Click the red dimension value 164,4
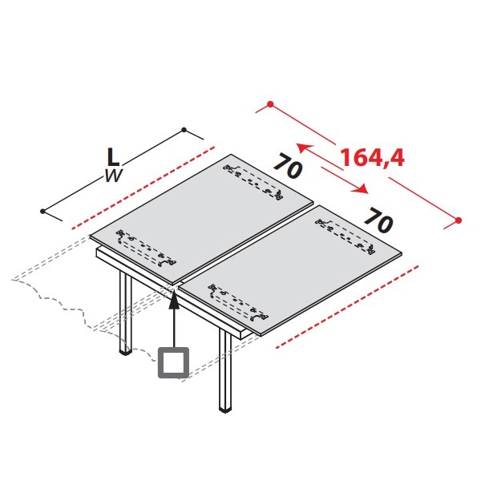[373, 158]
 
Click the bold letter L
[113, 157]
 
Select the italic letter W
[114, 176]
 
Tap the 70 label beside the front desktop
[378, 220]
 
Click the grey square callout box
[173, 362]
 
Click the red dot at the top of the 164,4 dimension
[270, 104]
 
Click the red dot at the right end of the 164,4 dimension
[459, 220]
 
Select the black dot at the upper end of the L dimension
[184, 130]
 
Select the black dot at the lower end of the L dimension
[42, 211]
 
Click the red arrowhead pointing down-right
[361, 189]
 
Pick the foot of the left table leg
[126, 352]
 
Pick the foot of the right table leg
[225, 410]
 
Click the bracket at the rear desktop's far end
[253, 182]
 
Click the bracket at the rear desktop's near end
[146, 248]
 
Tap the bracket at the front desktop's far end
[346, 236]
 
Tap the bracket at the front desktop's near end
[238, 303]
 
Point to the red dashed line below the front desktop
[347, 307]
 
